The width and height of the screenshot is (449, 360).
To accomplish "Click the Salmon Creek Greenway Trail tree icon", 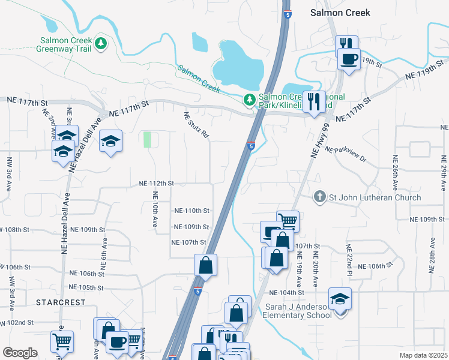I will (x=101, y=43).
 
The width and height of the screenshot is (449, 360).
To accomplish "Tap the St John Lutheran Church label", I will (x=375, y=197).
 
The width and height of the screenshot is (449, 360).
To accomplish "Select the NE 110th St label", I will (x=191, y=211).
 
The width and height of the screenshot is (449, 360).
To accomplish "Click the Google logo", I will (x=20, y=353).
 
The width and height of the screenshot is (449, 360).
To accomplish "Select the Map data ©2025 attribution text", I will (x=423, y=355).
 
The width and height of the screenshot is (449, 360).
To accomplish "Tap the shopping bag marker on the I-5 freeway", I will (x=205, y=266).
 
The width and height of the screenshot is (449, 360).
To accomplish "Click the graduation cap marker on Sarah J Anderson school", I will (x=340, y=298).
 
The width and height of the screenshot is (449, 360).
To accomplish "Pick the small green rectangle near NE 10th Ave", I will (x=147, y=140).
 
